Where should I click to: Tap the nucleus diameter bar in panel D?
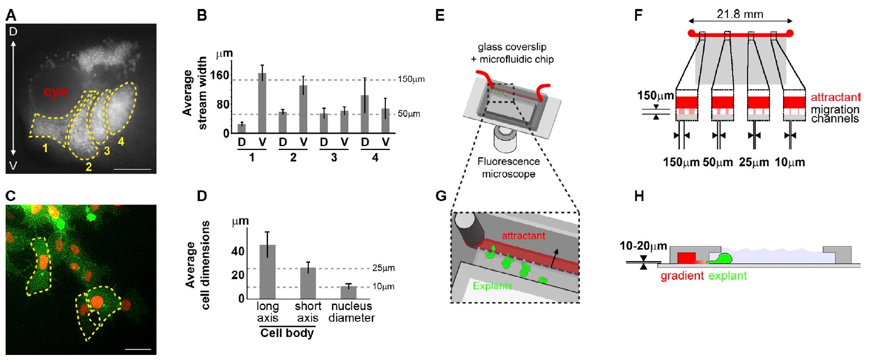click(349, 292)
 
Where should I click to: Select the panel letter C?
click(10, 195)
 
